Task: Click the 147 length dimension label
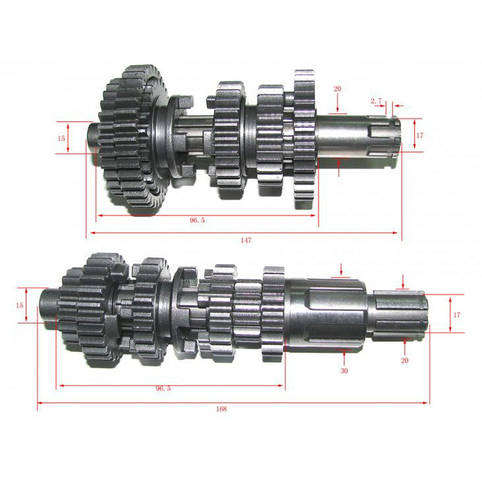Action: pyautogui.click(x=246, y=240)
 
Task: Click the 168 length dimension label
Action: pyautogui.click(x=222, y=409)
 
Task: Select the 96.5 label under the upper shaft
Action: pyautogui.click(x=197, y=220)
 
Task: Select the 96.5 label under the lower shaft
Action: pyautogui.click(x=164, y=388)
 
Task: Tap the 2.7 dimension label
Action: pyautogui.click(x=376, y=101)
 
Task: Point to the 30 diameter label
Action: pyautogui.click(x=344, y=371)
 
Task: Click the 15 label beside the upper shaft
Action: pyautogui.click(x=61, y=138)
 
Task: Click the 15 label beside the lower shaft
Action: pyautogui.click(x=19, y=305)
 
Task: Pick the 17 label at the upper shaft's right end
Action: pyautogui.click(x=419, y=135)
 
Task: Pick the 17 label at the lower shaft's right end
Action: pyautogui.click(x=456, y=315)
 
